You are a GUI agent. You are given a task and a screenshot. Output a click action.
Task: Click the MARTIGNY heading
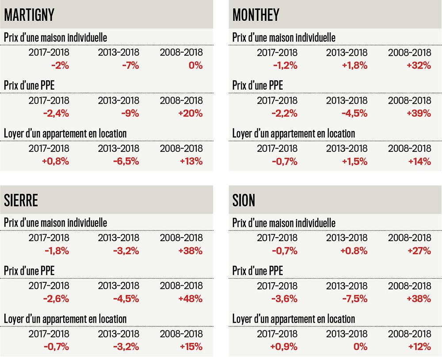tap(29, 15)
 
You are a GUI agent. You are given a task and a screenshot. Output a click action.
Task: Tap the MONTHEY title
tap(256, 15)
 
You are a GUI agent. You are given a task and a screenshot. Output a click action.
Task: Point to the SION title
tap(244, 201)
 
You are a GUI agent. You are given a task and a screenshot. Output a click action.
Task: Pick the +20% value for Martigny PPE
tap(191, 113)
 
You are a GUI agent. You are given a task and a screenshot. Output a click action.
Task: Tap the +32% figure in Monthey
tap(419, 65)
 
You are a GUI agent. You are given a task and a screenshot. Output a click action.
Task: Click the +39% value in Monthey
tap(419, 113)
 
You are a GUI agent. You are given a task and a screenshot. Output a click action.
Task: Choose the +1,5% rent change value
tap(355, 161)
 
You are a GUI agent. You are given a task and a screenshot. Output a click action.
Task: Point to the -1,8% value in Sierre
tap(57, 251)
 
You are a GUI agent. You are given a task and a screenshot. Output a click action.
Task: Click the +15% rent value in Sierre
tap(191, 346)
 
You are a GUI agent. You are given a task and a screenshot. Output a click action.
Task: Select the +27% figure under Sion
tap(420, 251)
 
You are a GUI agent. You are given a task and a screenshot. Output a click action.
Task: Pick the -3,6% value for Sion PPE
tap(285, 299)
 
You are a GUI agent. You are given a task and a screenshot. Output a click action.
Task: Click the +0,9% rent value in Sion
tap(284, 346)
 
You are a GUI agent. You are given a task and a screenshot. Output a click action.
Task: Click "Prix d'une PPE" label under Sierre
tap(29, 270)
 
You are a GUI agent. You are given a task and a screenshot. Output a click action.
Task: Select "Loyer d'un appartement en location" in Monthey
tap(293, 133)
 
